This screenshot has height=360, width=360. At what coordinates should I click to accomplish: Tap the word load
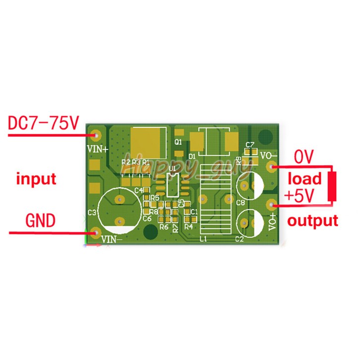pyautogui.click(x=304, y=178)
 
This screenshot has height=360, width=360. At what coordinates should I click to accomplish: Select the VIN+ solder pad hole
pyautogui.click(x=96, y=134)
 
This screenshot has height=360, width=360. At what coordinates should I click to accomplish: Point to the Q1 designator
pyautogui.click(x=179, y=142)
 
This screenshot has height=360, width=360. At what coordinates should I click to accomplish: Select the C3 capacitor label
pyautogui.click(x=92, y=212)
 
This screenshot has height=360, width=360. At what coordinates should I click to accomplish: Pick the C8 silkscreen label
pyautogui.click(x=240, y=202)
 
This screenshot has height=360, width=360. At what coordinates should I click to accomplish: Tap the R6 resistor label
pyautogui.click(x=164, y=227)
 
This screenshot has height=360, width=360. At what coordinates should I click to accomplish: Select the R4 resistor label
pyautogui.click(x=188, y=226)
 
